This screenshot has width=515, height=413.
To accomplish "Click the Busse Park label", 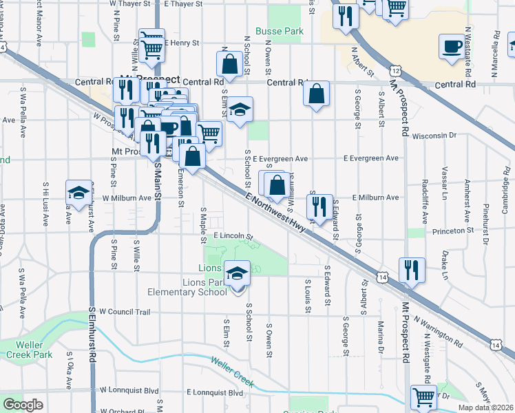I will point(280,32).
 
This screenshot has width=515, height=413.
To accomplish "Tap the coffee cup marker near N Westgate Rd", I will point(452,47).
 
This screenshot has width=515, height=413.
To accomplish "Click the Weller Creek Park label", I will point(26,349).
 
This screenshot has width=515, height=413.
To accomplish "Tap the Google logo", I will point(23,405).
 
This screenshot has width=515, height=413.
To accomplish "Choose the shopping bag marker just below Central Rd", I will point(316,94).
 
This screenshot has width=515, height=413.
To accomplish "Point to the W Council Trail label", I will point(125,312).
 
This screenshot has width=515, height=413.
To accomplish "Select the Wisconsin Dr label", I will point(434,135).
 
